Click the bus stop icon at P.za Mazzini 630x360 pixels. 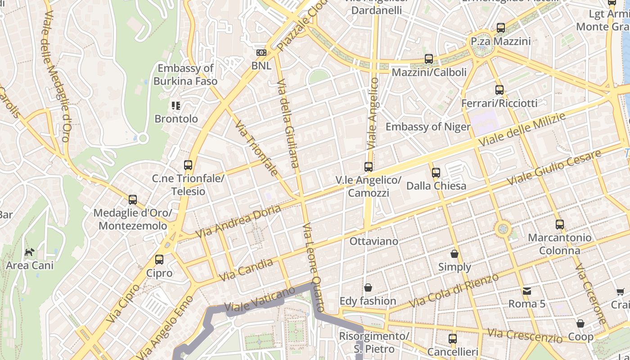pyautogui.click(x=500, y=28)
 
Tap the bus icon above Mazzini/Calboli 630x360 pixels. pyautogui.click(x=428, y=59)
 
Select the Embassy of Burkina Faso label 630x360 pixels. pyautogui.click(x=185, y=75)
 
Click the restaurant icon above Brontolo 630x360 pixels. pyautogui.click(x=175, y=106)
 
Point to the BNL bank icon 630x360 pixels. pyautogui.click(x=261, y=53)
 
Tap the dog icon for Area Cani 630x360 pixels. pyautogui.click(x=29, y=252)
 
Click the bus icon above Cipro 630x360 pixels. pyautogui.click(x=159, y=260)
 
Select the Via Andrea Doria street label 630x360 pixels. pyautogui.click(x=238, y=221)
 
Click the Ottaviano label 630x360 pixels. pyautogui.click(x=374, y=241)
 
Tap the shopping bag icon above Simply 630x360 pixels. pyautogui.click(x=454, y=254)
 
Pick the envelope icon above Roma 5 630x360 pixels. pyautogui.click(x=527, y=291)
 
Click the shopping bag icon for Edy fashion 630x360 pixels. pyautogui.click(x=368, y=288)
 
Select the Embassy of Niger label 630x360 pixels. pyautogui.click(x=428, y=126)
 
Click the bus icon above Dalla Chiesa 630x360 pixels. pyautogui.click(x=436, y=172)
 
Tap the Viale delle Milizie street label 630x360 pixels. pyautogui.click(x=522, y=130)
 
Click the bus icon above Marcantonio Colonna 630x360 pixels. pyautogui.click(x=559, y=224)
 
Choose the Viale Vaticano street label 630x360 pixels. pyautogui.click(x=260, y=301)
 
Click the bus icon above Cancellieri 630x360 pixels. pyautogui.click(x=452, y=338)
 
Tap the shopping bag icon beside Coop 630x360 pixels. pyautogui.click(x=580, y=324)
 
